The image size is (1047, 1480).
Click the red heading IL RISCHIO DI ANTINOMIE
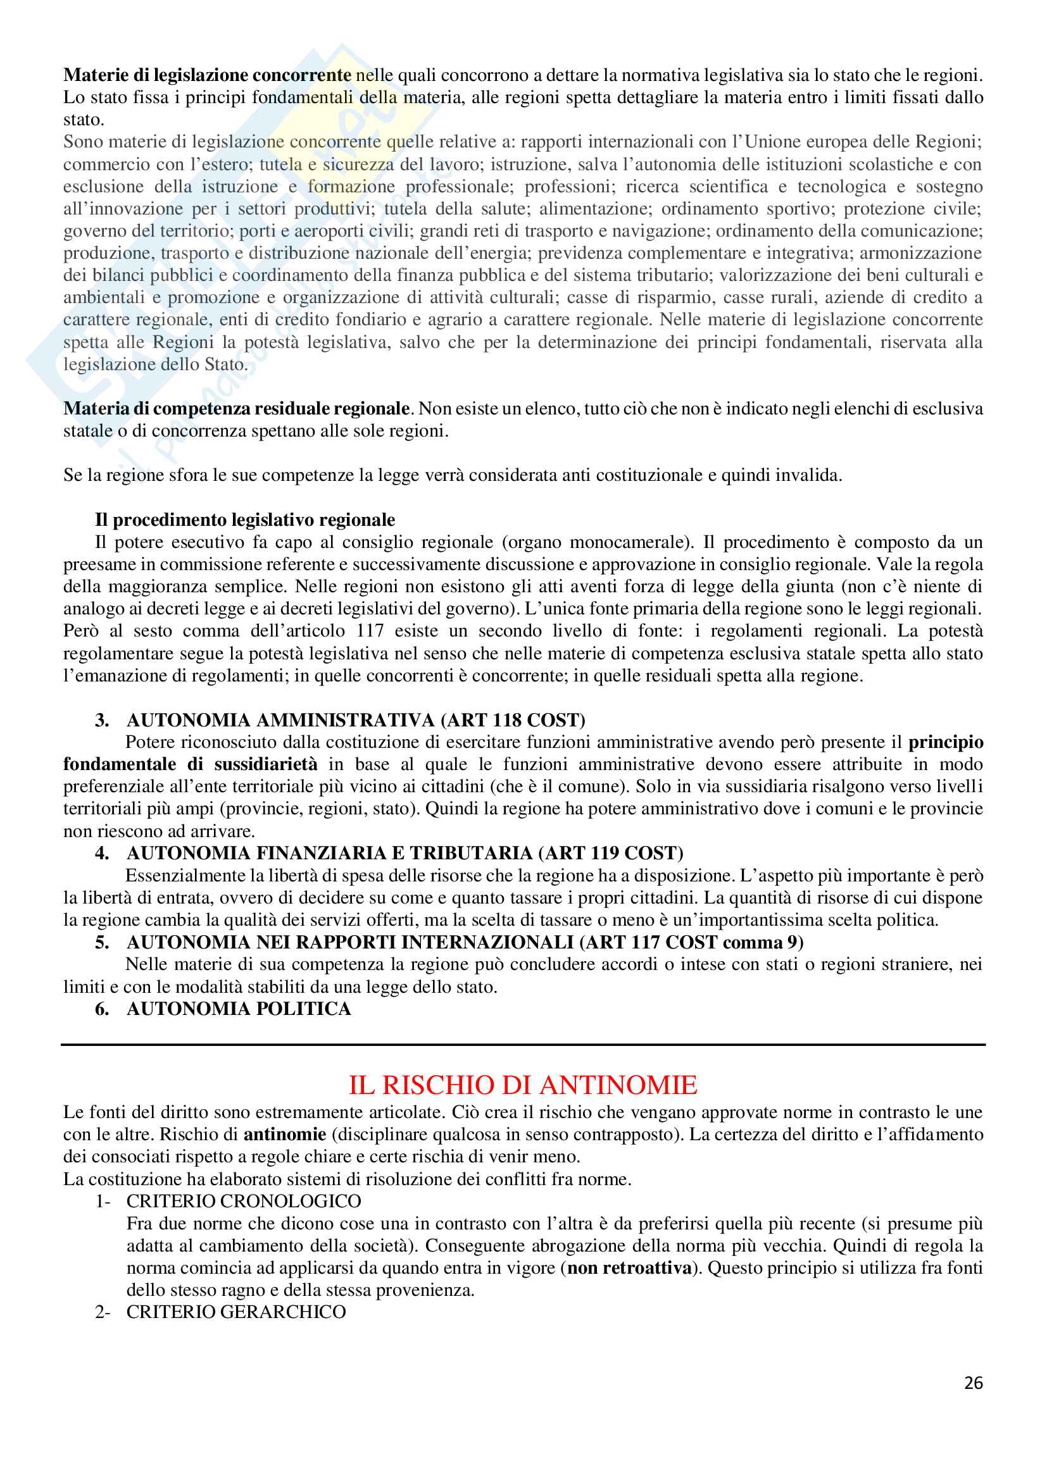coord(523,1085)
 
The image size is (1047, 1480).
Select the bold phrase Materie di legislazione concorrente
coord(207,75)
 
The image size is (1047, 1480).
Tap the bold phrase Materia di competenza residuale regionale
coord(237,409)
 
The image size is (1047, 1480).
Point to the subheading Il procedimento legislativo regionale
coord(245,519)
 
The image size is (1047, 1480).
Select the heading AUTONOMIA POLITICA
coord(239,1008)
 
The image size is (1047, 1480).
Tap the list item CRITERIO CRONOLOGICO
coord(244,1201)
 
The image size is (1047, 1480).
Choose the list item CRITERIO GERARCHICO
coord(236,1312)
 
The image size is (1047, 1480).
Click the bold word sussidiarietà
coord(266,764)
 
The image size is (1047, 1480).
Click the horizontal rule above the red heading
coord(523,1045)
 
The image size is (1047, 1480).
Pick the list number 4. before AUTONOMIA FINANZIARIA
coord(102,853)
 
